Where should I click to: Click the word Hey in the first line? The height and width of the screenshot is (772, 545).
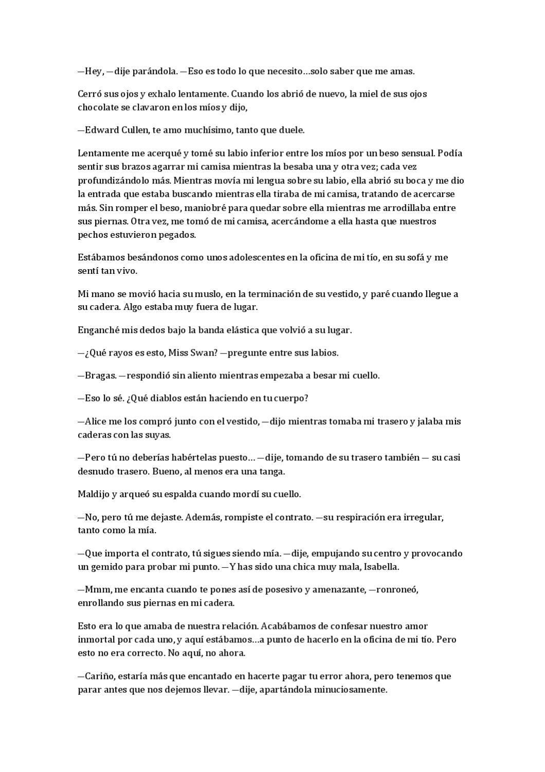(x=94, y=72)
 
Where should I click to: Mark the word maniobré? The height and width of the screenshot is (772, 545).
(x=205, y=208)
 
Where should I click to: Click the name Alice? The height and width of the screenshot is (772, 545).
(x=96, y=422)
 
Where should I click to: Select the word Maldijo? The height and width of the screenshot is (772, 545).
(x=93, y=494)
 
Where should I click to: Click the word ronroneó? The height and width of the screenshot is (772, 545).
(x=397, y=590)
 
